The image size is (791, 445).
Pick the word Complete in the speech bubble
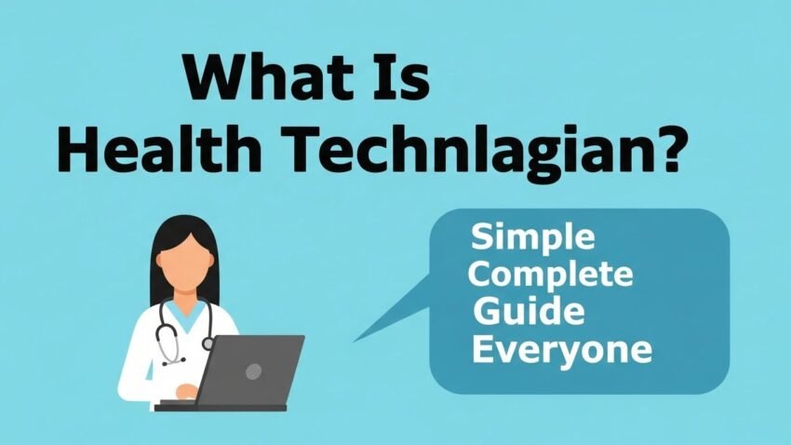pyautogui.click(x=551, y=276)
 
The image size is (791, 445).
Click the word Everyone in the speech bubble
pyautogui.click(x=560, y=351)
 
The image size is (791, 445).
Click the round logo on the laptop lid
pyautogui.click(x=253, y=371)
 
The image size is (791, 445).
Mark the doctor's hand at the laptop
pyautogui.click(x=186, y=392)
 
